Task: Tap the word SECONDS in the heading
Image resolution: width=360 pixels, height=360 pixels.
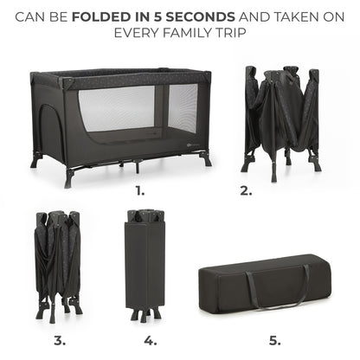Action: click(200, 17)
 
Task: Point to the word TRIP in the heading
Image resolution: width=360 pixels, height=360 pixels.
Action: click(231, 33)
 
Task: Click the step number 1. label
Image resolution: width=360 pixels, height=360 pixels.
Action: click(140, 190)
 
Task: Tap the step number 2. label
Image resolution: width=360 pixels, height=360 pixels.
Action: click(246, 190)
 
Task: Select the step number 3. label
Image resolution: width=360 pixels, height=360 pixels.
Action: click(60, 341)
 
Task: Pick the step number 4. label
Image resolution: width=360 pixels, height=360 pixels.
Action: click(151, 341)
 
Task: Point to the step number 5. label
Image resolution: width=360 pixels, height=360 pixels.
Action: click(275, 341)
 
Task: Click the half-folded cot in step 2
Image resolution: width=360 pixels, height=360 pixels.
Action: click(281, 123)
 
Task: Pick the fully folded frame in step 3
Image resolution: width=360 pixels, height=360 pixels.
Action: click(59, 267)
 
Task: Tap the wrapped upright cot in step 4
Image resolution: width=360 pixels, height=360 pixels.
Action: click(145, 265)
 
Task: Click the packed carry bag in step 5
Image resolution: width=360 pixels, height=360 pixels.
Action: click(265, 284)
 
